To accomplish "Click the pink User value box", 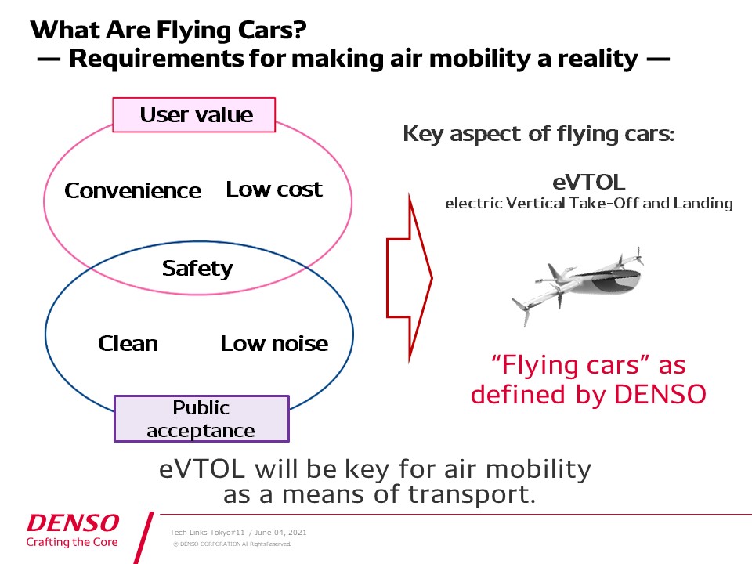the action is click(x=193, y=114).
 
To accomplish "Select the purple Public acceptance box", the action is click(x=201, y=418).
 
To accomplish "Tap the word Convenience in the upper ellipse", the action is click(x=133, y=191).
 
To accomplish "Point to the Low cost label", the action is click(x=274, y=190).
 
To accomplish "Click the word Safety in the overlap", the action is click(x=197, y=269).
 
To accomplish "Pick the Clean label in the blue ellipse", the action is click(x=128, y=343).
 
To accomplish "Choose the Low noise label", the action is click(x=274, y=343).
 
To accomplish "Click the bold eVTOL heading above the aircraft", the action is click(x=589, y=183).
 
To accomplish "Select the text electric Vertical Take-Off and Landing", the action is click(x=589, y=204).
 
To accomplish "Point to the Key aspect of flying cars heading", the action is click(x=539, y=134).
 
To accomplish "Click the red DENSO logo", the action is click(x=73, y=522).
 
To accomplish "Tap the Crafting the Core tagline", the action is click(x=72, y=542).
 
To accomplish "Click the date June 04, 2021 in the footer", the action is click(x=280, y=533).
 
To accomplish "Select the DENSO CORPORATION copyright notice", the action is click(x=232, y=544).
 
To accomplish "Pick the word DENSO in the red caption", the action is click(x=660, y=394).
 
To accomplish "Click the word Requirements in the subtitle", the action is click(x=157, y=59).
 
